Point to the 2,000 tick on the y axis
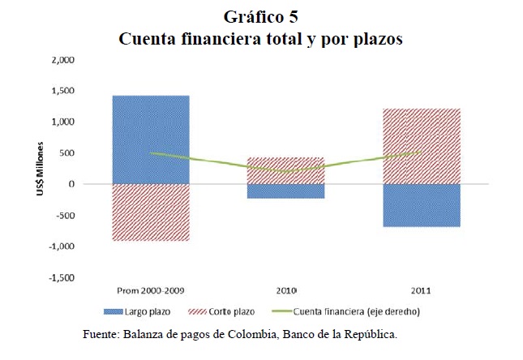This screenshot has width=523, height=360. pyautogui.click(x=62, y=60)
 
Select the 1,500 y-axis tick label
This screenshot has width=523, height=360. pyautogui.click(x=62, y=91)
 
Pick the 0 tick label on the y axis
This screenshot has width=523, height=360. pyautogui.click(x=71, y=184)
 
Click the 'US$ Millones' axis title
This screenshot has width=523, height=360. pyautogui.click(x=38, y=169)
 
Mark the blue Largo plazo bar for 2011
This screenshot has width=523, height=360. pyautogui.click(x=422, y=205)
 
